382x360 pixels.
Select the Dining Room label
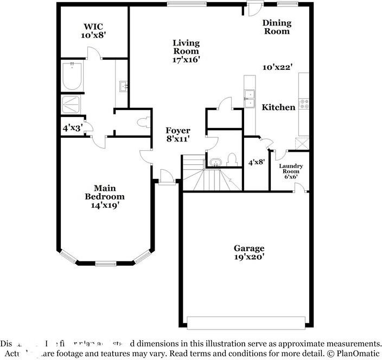277,27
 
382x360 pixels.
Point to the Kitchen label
278,107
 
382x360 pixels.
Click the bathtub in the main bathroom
72,77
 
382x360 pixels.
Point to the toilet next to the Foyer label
144,122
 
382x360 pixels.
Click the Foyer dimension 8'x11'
178,139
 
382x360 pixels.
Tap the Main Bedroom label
105,196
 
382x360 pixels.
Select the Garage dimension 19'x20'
249,257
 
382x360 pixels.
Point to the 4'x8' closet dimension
256,162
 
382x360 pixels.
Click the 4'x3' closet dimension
72,128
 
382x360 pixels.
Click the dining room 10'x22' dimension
278,67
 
